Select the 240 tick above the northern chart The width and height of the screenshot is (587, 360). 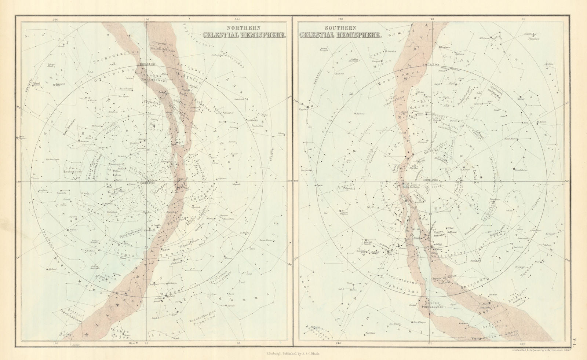[x=56, y=19]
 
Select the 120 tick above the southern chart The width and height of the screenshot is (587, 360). [x=340, y=19]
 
